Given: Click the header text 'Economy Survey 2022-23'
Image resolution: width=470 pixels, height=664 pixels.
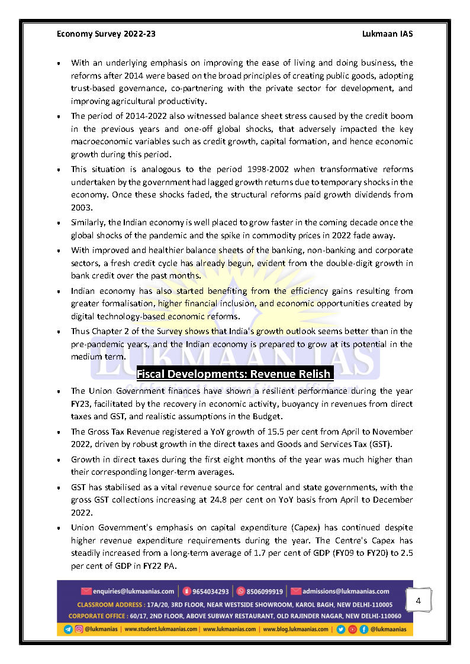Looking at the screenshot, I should click(106, 34).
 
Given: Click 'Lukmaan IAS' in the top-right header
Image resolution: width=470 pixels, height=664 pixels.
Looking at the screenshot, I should click(387, 34).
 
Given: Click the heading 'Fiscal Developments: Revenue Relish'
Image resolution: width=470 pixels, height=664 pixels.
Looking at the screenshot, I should click(234, 374).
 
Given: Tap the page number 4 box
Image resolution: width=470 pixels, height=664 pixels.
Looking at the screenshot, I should click(419, 601).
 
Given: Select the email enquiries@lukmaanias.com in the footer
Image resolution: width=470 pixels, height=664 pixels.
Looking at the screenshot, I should click(133, 591).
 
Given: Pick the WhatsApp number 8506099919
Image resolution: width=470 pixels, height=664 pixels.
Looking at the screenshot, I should click(264, 591).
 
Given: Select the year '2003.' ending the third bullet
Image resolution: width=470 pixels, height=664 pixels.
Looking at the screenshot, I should click(81, 208).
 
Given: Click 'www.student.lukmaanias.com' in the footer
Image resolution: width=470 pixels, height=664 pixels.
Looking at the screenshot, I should click(161, 629).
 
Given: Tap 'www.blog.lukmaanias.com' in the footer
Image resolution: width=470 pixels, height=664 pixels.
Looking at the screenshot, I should click(296, 629).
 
